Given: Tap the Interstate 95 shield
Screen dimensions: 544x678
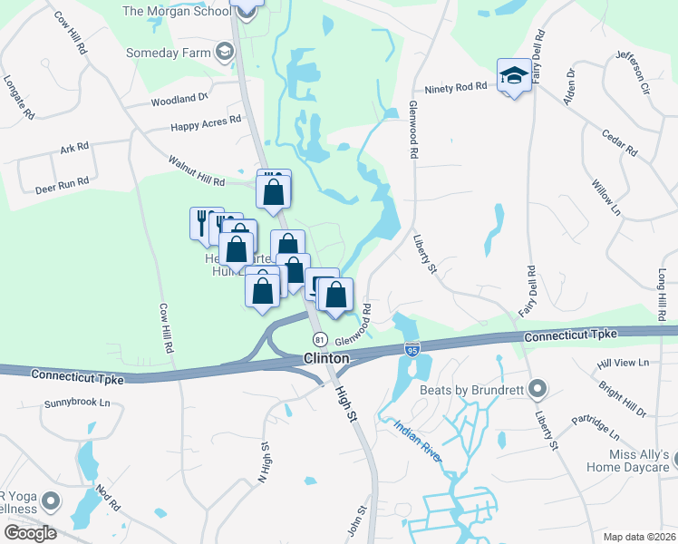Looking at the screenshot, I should pos(412,349).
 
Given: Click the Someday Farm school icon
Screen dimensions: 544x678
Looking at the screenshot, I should pos(223,51).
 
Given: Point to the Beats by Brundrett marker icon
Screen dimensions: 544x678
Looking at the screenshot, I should pos(538,390).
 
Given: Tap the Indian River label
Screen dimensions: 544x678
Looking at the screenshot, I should pos(417,441).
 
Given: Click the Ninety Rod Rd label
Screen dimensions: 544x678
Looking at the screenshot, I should pos(456,89).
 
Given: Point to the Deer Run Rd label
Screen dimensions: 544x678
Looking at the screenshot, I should pos(62,182).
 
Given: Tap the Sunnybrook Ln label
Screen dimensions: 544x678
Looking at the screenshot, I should pos(81,402).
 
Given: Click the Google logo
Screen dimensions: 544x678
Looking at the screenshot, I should pos(29,533).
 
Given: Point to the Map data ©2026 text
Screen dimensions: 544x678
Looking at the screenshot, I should pos(639,537).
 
